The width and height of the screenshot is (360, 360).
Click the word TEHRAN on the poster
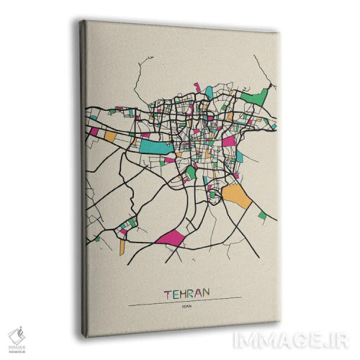click(x=186, y=294)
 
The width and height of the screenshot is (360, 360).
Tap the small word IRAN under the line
click(x=187, y=305)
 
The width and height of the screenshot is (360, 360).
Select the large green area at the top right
click(x=256, y=94)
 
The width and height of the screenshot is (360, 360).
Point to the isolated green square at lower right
click(x=262, y=215)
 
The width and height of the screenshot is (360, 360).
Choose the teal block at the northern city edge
click(x=209, y=92)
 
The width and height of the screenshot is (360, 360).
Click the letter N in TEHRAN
click(x=206, y=294)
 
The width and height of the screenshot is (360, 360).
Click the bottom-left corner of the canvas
click(x=87, y=334)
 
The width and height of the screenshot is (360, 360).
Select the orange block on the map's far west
click(x=109, y=135)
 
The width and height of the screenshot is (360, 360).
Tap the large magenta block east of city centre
click(x=229, y=141)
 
